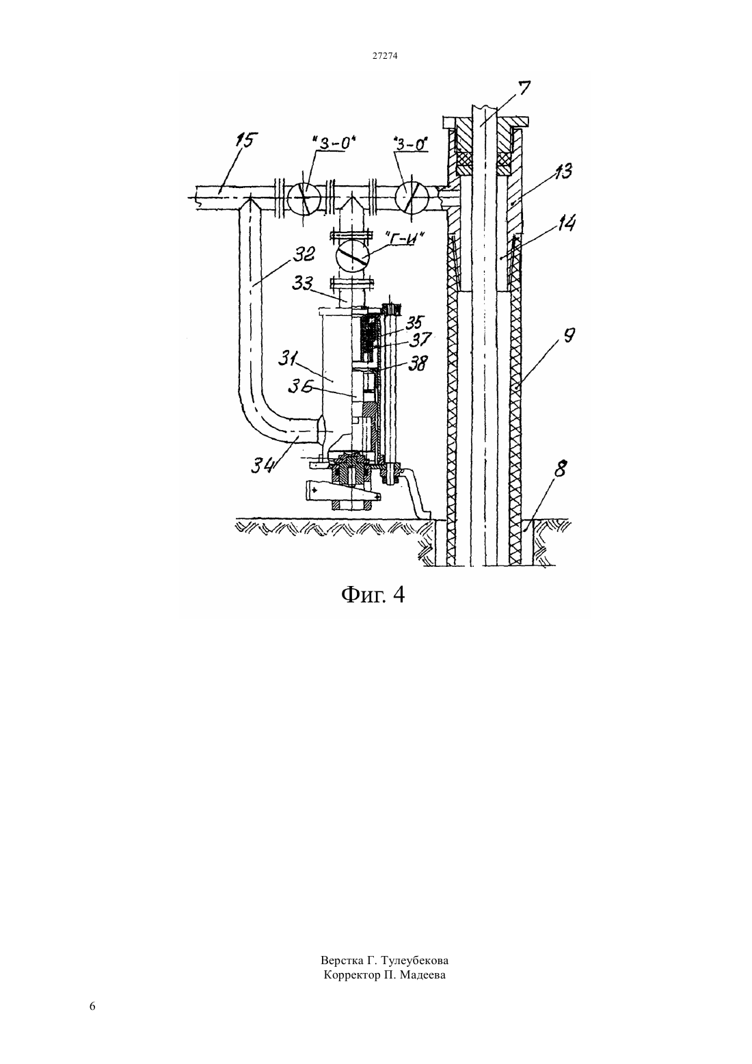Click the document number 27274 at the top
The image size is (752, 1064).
tap(384, 55)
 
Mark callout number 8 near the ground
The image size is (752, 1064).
tap(559, 469)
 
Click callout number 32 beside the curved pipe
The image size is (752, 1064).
tap(303, 255)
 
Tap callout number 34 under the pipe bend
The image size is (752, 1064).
tap(263, 466)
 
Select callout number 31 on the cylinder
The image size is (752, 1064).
tap(287, 360)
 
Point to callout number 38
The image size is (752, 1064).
tap(418, 363)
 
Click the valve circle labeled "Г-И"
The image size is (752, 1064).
tap(352, 258)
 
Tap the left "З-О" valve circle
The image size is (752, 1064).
tap(305, 197)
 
